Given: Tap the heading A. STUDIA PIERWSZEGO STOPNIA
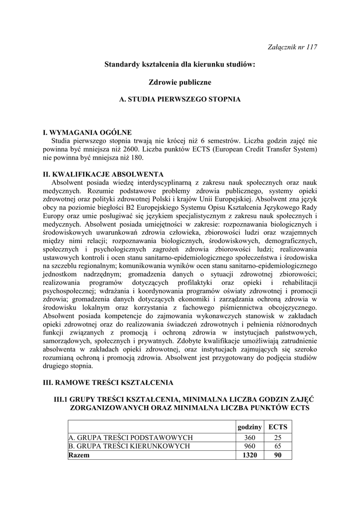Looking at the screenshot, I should pos(180,99).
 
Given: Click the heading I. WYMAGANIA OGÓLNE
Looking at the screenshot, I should pos(88,132).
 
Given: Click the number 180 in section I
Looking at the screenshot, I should pos(136,158).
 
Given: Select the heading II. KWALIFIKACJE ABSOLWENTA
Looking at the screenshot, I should pos(104,174).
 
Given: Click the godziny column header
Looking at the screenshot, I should pos(250,427).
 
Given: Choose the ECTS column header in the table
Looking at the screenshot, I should pos(277,427).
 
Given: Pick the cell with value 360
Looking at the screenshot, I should pos(250,437).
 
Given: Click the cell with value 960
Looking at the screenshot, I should pos(250,446).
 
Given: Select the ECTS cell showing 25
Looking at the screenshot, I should pos(277,437).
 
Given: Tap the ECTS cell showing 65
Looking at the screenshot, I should pos(277,446).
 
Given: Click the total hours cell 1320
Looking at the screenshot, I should pos(250,455).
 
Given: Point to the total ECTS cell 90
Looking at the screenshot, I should pos(277,455).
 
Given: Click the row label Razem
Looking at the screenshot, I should pos(79,455).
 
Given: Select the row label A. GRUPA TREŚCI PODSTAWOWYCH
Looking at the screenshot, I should pos(131,437).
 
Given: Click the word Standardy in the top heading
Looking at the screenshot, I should pos(122,64).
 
